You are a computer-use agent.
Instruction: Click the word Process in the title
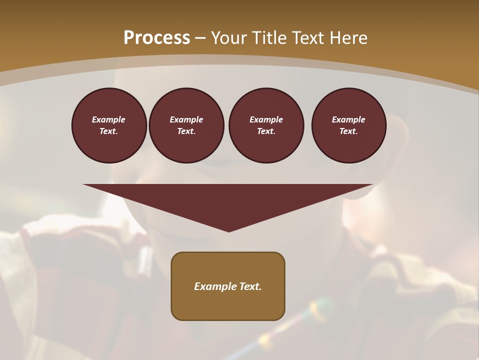tap(157, 38)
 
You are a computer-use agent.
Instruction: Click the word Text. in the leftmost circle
tap(109, 131)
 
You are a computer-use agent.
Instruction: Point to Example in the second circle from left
tap(186, 119)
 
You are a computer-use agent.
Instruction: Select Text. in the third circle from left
tap(266, 131)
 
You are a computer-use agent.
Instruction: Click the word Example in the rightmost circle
tap(348, 119)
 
